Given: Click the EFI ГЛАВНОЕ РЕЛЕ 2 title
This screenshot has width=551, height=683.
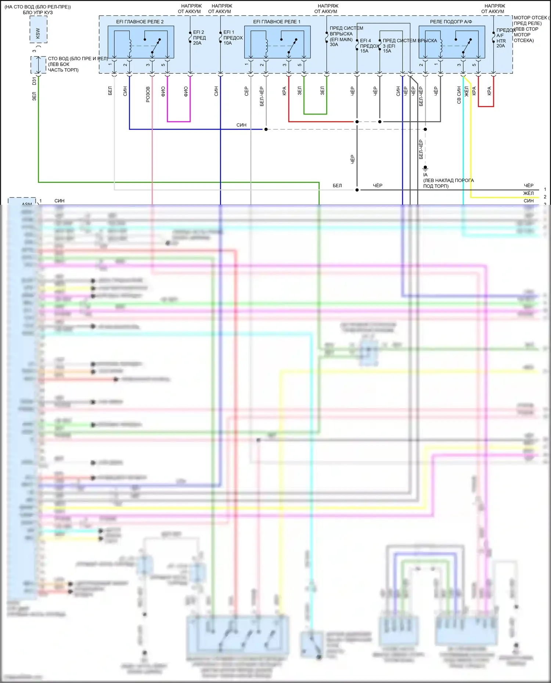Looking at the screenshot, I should click(x=140, y=22).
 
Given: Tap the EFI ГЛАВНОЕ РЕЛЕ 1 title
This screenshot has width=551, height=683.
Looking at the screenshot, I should click(x=277, y=22).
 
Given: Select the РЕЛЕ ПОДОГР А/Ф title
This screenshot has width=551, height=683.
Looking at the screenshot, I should click(x=451, y=22).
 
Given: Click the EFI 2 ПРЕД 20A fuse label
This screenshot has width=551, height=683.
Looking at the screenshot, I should click(x=199, y=37).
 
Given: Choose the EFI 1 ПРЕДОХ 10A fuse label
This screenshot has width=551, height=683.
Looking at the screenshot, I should click(x=233, y=37).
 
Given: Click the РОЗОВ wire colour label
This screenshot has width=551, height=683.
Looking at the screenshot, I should click(x=148, y=94).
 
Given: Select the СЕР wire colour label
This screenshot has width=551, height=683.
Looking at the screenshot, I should click(x=246, y=91).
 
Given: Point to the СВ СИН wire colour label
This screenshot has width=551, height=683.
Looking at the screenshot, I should click(x=459, y=95).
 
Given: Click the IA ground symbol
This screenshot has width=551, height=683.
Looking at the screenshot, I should click(x=425, y=168).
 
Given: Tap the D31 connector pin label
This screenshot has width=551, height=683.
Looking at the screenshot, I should click(x=35, y=81).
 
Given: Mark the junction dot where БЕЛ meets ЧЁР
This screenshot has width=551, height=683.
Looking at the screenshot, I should click(x=357, y=190).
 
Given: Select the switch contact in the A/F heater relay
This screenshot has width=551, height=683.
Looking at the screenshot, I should click(x=467, y=46).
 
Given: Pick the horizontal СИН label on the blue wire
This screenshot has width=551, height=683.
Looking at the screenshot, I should click(x=241, y=125).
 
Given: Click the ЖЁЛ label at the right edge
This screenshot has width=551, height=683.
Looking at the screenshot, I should click(x=528, y=193).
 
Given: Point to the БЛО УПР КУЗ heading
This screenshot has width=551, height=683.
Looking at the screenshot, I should click(x=38, y=12).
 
